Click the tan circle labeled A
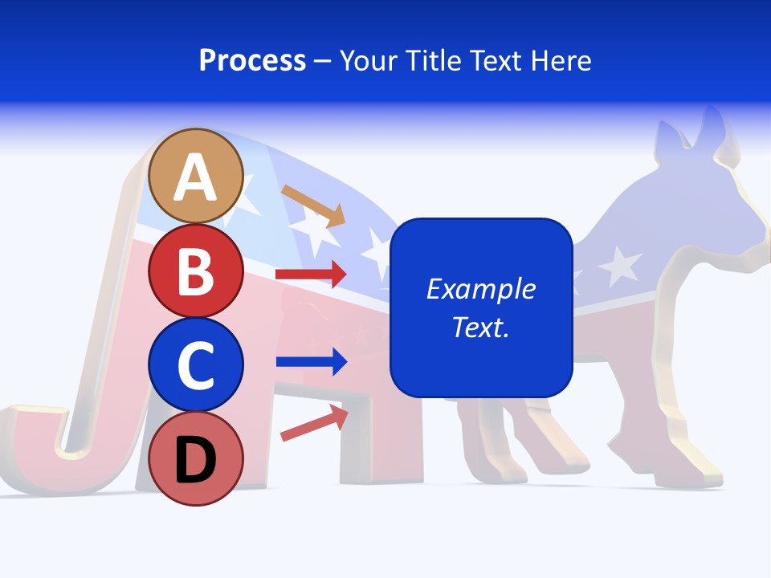195,176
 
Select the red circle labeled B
195,271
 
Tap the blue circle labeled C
195,364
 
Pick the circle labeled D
195,458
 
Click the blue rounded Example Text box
480,307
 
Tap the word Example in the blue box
480,288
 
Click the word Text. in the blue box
480,327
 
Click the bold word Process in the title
252,60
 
